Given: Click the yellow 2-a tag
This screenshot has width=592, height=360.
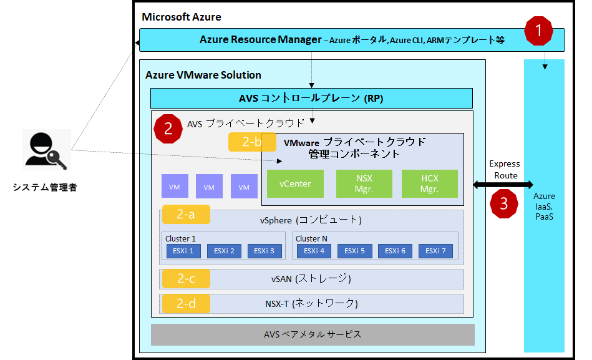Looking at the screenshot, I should pos(186,215).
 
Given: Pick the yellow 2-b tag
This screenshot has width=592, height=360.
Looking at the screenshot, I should pos(252,142).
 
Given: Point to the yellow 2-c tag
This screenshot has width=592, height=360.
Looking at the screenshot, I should pos(186,279).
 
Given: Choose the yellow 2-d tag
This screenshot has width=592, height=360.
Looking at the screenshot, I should pos(186,304).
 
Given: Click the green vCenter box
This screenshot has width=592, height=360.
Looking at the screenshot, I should pos(295,184).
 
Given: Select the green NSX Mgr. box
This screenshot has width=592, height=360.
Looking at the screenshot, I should pos(364,184).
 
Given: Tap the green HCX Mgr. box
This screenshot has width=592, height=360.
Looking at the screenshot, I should pos(429,184).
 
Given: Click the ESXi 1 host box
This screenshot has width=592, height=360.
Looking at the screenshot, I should pos(183,251).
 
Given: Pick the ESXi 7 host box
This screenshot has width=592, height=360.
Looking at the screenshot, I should pos(435,251).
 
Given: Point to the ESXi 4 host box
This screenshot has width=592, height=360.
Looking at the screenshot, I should pos(314,251).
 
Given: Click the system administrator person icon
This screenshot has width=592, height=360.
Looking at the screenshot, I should pos(46,150).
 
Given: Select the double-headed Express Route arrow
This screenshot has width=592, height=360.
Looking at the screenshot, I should pos(503,185).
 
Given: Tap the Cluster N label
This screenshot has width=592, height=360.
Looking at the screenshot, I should pos(311,238).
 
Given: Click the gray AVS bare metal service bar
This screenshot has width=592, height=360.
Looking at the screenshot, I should pos(313,334).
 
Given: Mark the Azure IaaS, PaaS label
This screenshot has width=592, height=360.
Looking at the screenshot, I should pos(544,207).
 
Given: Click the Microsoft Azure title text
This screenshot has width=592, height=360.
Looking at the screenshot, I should pos(182,17).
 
